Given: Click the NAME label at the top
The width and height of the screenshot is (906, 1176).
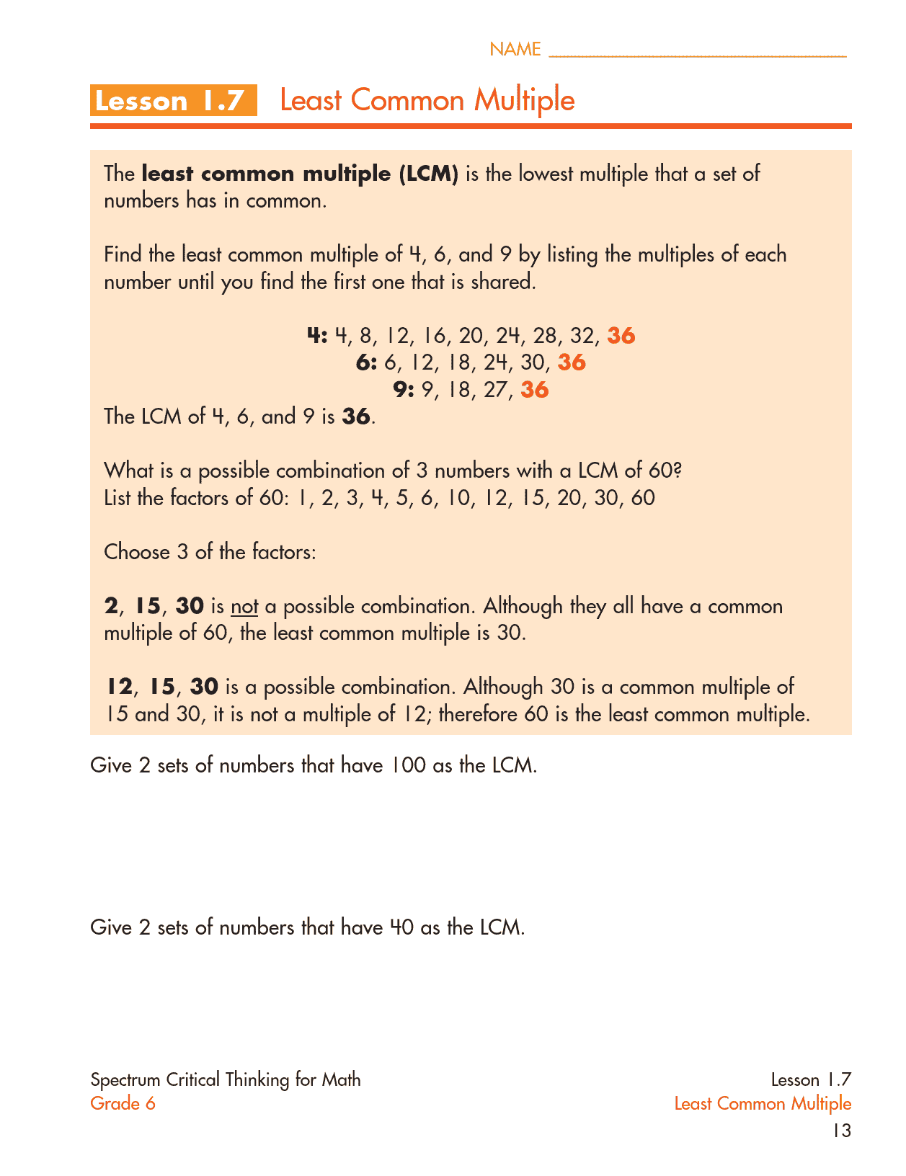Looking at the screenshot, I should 515,49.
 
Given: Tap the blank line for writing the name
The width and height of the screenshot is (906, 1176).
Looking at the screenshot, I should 697,53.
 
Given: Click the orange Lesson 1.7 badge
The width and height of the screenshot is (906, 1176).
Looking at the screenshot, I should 173,100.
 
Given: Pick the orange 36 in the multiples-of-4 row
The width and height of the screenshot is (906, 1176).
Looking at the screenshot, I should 621,336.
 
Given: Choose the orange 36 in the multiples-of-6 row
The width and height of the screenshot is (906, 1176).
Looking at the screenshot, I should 572,362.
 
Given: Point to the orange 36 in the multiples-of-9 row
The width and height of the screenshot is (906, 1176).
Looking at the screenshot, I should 534,390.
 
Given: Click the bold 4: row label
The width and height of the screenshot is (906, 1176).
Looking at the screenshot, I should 317,336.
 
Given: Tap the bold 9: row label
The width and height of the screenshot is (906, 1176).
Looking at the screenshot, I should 404,390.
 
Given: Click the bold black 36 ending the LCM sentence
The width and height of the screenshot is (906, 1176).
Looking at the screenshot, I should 356,416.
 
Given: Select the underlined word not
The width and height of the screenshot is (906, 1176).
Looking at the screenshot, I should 244,607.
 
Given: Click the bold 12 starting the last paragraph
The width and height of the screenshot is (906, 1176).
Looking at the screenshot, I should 120,687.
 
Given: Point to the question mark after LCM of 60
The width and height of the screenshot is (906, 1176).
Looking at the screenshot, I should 677,471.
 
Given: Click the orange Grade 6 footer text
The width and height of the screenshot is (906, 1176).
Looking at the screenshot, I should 123,1103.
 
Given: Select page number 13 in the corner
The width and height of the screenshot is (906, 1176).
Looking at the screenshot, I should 841,1131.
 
